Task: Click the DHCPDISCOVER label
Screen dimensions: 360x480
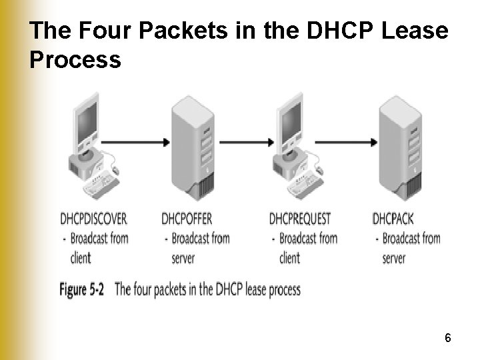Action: click(x=93, y=219)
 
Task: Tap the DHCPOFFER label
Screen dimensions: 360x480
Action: click(x=187, y=219)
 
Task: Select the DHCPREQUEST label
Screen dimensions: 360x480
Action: click(x=300, y=219)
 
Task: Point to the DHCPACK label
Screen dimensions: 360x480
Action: click(x=393, y=219)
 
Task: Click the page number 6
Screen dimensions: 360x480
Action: click(x=448, y=339)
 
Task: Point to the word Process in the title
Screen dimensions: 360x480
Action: click(x=75, y=61)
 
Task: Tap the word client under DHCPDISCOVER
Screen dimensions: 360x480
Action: click(x=81, y=258)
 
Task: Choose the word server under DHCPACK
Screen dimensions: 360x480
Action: click(x=393, y=258)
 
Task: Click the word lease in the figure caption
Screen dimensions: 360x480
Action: click(x=257, y=290)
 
